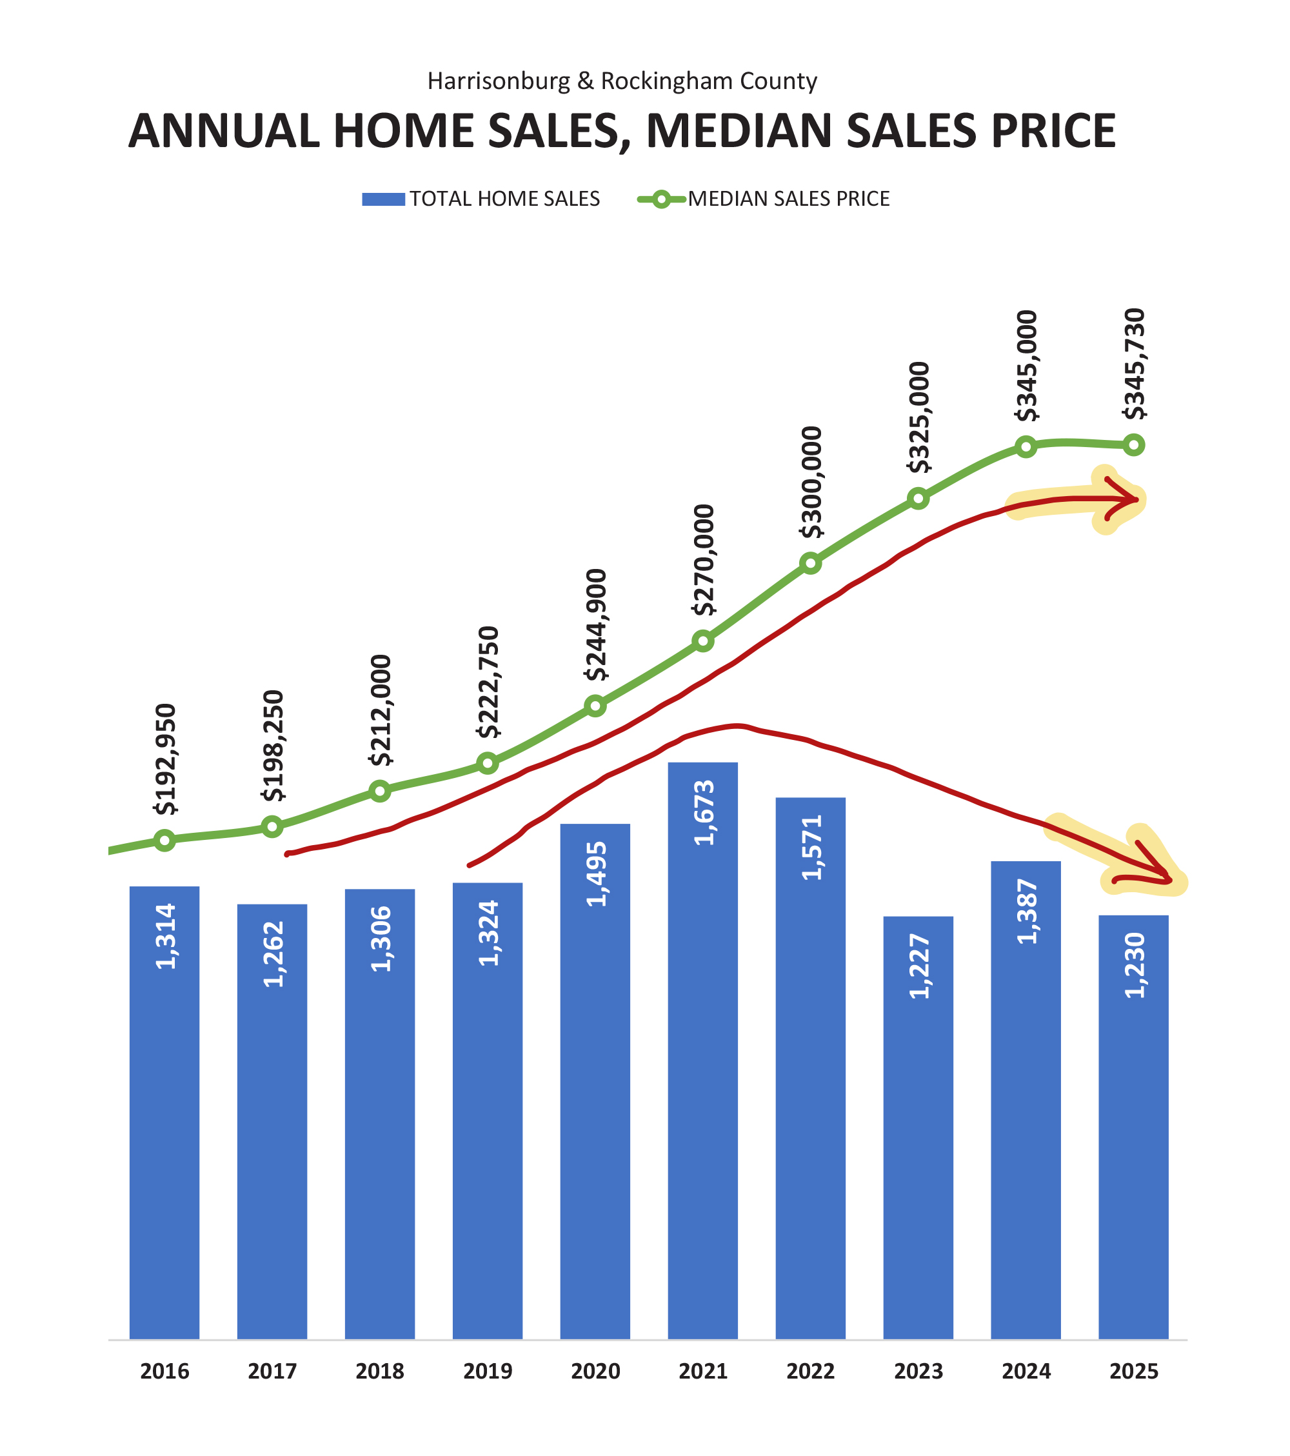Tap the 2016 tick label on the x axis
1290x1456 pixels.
(x=164, y=1371)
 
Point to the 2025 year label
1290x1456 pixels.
(x=1133, y=1371)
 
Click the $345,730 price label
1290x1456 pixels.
(x=1133, y=364)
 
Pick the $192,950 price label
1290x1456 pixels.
(x=165, y=759)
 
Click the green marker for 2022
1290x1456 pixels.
(x=810, y=563)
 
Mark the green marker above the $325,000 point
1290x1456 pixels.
(x=918, y=499)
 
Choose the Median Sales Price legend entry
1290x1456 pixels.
(x=764, y=199)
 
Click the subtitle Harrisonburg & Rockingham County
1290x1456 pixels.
(x=622, y=81)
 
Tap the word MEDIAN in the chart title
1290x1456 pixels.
(x=739, y=132)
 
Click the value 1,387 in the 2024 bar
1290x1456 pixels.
(x=1027, y=912)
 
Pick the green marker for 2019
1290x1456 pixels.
(x=487, y=764)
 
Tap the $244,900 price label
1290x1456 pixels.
(x=595, y=624)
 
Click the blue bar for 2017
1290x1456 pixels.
(x=272, y=1126)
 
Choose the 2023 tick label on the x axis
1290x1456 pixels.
(x=918, y=1371)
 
